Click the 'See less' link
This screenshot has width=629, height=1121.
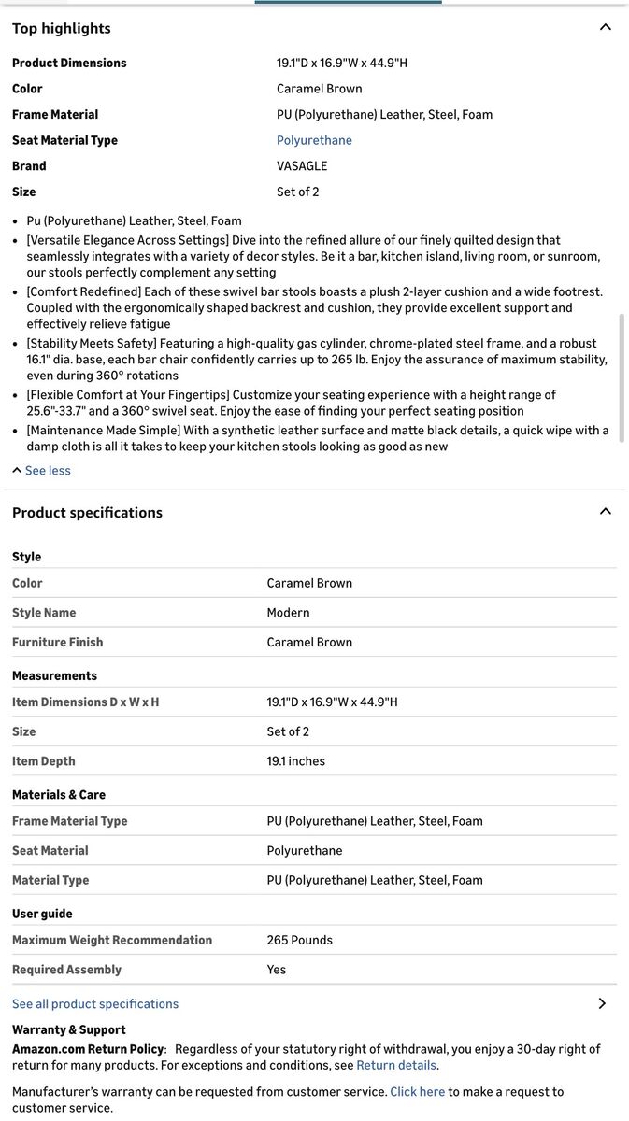coord(47,471)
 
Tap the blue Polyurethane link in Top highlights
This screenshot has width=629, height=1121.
coord(314,140)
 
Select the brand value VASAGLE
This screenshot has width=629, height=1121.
coord(302,166)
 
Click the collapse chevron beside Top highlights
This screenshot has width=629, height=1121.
coord(605,27)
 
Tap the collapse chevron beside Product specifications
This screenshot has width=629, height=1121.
coord(605,511)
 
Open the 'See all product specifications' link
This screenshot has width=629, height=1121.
coord(95,1004)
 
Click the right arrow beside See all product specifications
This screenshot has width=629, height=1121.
coord(602,1003)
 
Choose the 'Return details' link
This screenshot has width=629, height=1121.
coord(396,1065)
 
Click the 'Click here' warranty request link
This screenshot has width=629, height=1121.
coord(417,1092)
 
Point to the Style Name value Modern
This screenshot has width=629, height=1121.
coord(288,613)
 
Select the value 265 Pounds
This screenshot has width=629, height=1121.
coord(299,941)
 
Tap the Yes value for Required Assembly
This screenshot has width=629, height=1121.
coord(277,970)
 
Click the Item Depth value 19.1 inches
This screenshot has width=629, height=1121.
coord(295,761)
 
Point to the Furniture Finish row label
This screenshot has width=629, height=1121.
coord(58,643)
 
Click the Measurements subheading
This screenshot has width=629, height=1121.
coord(54,675)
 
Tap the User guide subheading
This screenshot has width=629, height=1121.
coord(42,914)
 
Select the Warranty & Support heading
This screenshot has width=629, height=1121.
coord(68,1029)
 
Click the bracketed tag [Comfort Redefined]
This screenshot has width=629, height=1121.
coord(84,291)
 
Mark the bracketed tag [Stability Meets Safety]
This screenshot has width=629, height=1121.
coord(92,344)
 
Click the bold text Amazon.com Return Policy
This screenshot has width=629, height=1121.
coord(88,1049)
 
